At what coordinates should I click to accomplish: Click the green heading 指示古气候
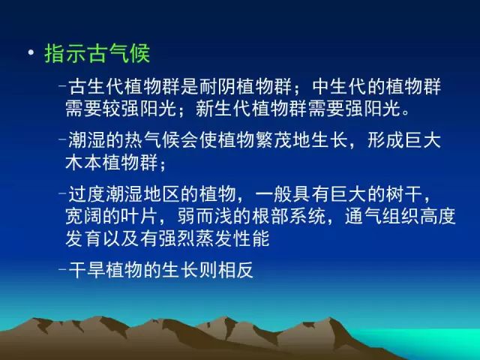coord(97,53)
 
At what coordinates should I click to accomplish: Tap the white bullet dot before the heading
coord(31,52)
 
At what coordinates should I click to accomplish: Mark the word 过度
coord(87,195)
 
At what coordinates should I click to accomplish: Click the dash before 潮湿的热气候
coord(62,139)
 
